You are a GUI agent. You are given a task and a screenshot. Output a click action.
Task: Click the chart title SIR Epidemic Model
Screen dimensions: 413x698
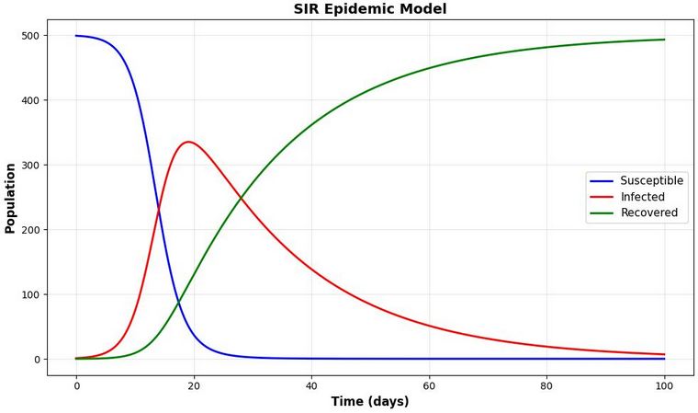(x=370, y=9)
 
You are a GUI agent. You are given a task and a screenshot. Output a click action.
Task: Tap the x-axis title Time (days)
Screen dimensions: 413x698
(x=370, y=402)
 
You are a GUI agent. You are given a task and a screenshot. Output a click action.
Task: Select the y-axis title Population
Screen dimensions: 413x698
(x=10, y=198)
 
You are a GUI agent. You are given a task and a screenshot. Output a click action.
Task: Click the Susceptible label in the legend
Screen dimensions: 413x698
(x=651, y=181)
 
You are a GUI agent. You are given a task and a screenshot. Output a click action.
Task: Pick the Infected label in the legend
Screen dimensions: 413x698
(x=642, y=197)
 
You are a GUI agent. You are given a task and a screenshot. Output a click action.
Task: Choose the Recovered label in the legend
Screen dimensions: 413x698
(x=648, y=212)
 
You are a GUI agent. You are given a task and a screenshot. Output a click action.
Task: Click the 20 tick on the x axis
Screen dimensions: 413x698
(x=194, y=384)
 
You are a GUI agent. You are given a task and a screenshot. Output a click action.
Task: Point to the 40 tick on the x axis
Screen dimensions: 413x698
(x=311, y=384)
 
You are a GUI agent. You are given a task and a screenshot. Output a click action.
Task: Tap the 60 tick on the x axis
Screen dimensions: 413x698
(x=429, y=384)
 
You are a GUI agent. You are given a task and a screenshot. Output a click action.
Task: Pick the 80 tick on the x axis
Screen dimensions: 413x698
(x=546, y=384)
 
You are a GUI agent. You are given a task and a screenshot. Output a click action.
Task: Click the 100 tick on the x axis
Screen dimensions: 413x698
(x=664, y=384)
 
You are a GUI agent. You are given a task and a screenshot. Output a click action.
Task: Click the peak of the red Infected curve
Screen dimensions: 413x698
(x=188, y=142)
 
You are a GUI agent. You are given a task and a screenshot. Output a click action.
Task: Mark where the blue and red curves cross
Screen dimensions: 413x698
(x=158, y=212)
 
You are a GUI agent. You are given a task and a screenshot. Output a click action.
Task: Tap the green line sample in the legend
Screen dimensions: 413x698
(x=601, y=212)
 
